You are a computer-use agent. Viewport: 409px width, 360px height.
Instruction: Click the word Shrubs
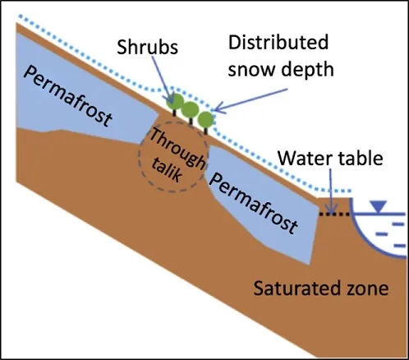[x=147, y=47]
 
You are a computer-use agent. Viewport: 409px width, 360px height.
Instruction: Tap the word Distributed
[x=278, y=42]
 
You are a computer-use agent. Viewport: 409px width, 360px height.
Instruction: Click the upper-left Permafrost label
[x=68, y=96]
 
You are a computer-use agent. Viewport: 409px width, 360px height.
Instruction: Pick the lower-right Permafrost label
[x=254, y=203]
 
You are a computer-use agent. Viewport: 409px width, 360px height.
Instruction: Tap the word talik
[x=167, y=170]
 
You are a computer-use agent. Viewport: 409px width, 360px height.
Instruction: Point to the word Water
[x=306, y=158]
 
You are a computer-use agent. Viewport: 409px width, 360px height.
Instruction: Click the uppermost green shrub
[x=175, y=102]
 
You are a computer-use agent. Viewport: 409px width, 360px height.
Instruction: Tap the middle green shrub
[x=191, y=110]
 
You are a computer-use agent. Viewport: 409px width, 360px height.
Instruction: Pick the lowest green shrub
[x=205, y=119]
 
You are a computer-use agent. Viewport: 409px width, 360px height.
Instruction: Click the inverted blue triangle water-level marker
[x=378, y=206]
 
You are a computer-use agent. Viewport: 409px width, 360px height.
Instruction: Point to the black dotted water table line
[x=334, y=214]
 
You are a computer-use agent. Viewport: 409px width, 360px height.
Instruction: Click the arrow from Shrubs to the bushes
[x=162, y=81]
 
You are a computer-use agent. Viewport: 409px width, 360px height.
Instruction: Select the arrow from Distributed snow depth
[x=250, y=100]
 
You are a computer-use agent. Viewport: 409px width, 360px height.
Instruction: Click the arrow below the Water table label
[x=332, y=191]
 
